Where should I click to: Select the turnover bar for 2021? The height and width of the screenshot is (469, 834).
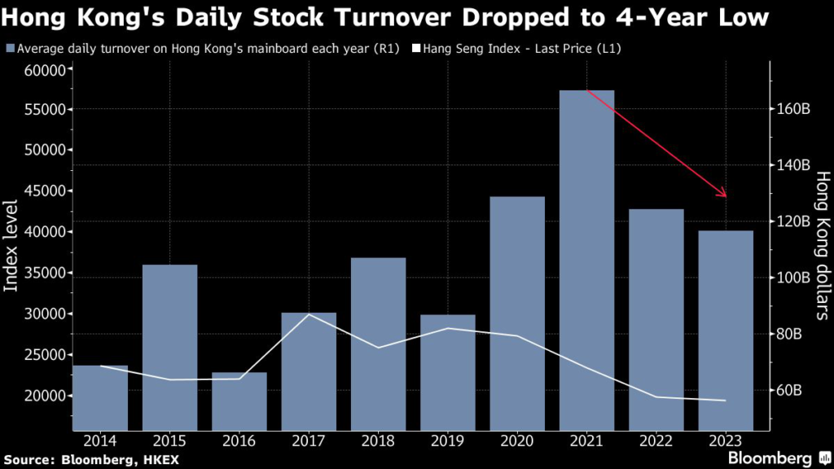(586, 261)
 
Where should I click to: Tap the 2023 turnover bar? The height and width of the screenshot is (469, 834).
(726, 330)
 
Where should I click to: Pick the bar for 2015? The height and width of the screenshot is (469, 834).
(170, 347)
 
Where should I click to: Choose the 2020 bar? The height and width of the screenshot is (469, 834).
(517, 313)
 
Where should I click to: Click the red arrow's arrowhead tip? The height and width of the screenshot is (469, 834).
(725, 196)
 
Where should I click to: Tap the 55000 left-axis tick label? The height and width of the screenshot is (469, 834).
(42, 110)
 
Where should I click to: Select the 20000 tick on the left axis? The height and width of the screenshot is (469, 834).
(42, 396)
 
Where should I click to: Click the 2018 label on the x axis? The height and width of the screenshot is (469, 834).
(379, 441)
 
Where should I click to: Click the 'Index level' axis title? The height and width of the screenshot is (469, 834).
(11, 244)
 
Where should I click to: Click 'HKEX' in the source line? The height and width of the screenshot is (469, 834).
(159, 460)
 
